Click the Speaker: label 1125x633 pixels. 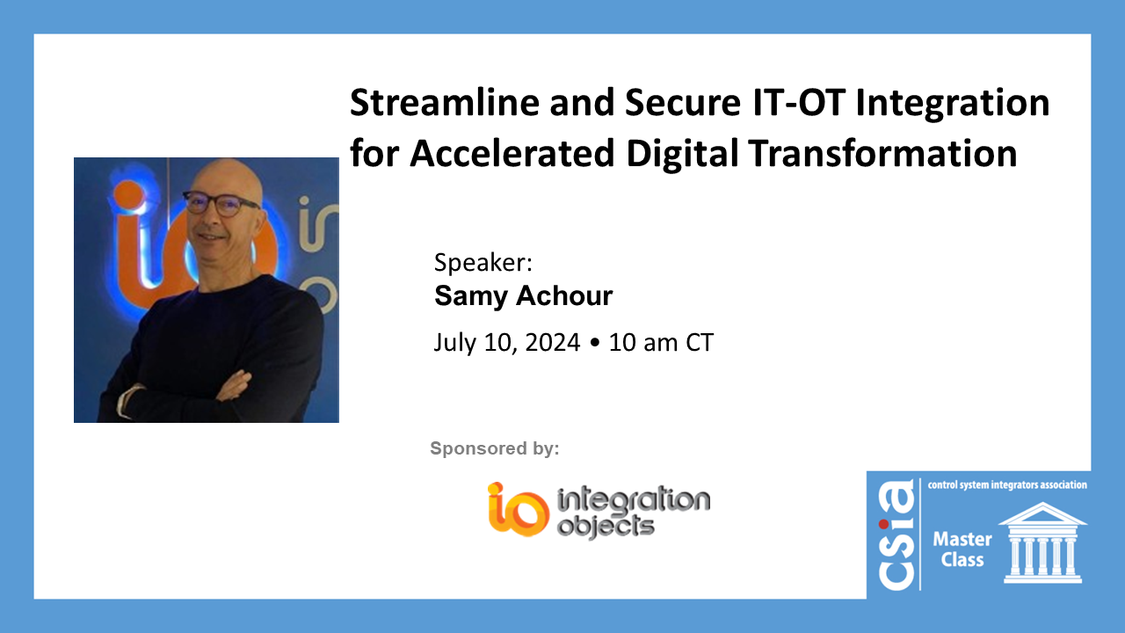483,264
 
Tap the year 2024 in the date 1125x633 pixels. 553,343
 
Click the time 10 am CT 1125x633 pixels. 661,343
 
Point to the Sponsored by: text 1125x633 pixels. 494,449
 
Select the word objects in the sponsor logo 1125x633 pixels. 606,527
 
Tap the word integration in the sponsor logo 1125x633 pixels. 633,501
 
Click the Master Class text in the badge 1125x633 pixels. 962,549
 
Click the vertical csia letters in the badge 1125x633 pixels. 895,536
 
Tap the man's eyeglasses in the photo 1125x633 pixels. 221,203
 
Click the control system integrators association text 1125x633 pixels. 1007,484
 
